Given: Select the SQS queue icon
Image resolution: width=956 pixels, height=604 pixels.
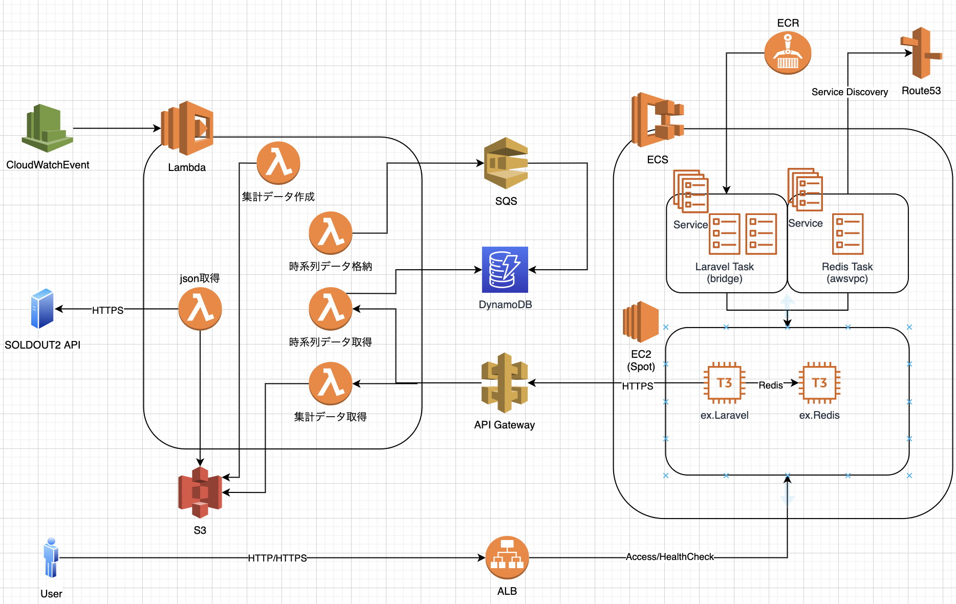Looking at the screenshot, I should tap(506, 163).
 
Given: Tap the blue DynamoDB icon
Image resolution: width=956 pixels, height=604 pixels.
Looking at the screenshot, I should tap(505, 270).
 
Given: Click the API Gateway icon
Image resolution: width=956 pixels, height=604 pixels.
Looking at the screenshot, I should tap(505, 383).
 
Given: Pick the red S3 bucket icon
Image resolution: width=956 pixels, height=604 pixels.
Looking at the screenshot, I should tap(200, 492).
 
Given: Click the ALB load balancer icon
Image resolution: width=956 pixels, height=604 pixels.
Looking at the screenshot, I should tap(507, 557).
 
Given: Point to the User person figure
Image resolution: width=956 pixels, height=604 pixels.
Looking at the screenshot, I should tap(51, 557).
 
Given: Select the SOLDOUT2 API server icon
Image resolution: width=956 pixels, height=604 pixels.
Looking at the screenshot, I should tap(42, 309).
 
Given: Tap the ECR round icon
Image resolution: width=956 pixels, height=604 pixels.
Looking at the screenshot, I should tap(788, 53).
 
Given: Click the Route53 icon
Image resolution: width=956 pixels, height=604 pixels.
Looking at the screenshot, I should tap(921, 53).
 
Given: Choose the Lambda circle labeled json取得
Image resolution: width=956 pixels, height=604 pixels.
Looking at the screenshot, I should tap(200, 309).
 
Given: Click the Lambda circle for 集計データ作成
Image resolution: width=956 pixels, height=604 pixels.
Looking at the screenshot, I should tap(278, 163).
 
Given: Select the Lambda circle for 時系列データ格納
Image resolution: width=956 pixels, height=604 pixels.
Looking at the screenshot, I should tap(331, 233).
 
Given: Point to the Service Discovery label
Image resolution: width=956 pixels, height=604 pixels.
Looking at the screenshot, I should tap(850, 92).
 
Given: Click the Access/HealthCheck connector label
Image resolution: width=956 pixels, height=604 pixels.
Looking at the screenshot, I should tap(669, 557).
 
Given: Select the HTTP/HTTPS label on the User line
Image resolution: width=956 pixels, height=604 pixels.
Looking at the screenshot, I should tap(277, 558).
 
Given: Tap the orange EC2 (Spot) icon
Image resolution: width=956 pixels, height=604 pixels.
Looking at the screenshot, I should tap(641, 322).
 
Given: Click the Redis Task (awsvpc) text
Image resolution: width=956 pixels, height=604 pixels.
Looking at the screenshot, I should tap(847, 273).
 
